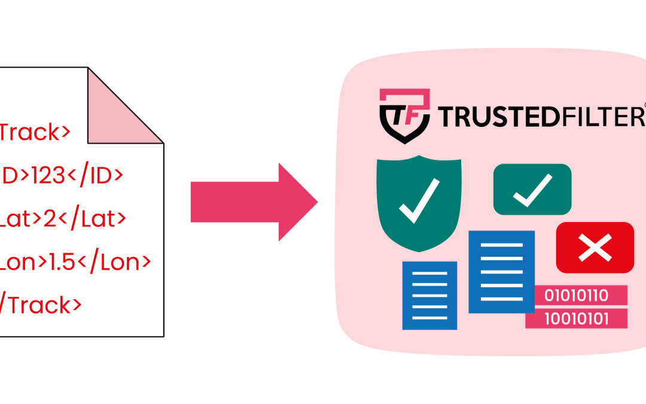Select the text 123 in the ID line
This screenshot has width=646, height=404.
[x=40, y=175]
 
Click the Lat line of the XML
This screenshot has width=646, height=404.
[x=63, y=218]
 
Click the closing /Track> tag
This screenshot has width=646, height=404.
[x=41, y=305]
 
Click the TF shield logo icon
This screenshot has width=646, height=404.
[x=405, y=116]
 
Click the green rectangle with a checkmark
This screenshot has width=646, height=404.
[x=532, y=189]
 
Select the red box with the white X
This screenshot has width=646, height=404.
[x=595, y=247]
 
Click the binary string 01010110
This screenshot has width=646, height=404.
[x=576, y=295]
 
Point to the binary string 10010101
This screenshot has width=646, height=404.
[x=576, y=318]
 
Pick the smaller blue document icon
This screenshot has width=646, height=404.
[x=429, y=295]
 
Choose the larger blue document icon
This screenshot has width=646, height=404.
[x=501, y=272]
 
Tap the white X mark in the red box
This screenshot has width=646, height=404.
[x=595, y=247]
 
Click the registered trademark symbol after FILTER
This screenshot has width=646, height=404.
[x=644, y=107]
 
